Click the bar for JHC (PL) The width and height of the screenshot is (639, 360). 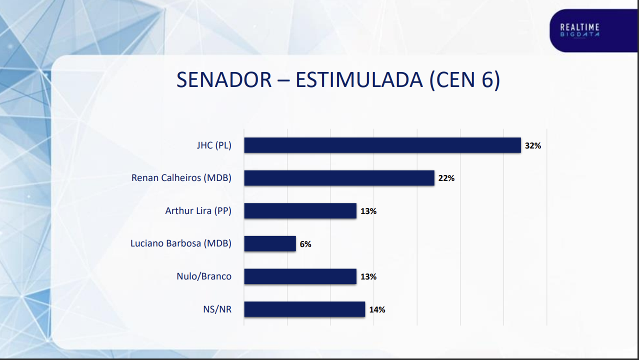pos(382,145)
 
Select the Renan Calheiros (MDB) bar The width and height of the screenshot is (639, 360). pos(339,178)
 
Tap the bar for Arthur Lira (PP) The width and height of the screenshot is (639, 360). pos(300,211)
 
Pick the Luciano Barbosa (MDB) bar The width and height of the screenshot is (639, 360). pos(270,243)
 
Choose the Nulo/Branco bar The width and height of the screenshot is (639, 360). pos(300,276)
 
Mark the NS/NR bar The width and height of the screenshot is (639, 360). pos(304,309)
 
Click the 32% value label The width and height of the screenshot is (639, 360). pos(533,146)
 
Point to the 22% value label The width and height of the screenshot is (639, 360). pos(446,178)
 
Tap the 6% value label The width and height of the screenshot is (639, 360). pos(305,244)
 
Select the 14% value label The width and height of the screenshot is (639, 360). pos(377,310)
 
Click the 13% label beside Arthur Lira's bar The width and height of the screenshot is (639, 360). pos(368,211)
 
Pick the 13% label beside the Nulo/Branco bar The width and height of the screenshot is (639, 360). pos(368,277)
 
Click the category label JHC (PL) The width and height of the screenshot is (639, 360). pos(214,145)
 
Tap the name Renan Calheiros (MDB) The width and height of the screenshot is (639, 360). pos(181,178)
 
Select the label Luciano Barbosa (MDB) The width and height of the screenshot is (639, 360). pos(181,243)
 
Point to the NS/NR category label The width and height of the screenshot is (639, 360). pos(217,309)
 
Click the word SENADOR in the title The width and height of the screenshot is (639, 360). pos(224,80)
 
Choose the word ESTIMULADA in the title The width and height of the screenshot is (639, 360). pos(359,80)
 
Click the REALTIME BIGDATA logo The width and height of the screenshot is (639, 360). pos(579,30)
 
